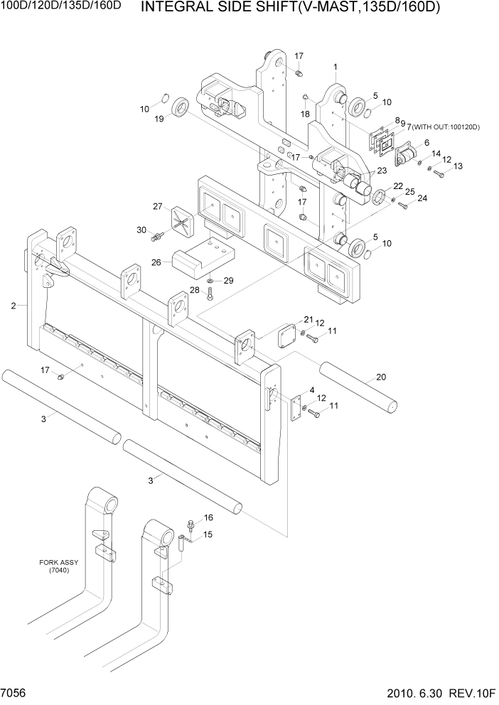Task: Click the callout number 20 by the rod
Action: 381,377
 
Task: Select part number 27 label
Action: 158,207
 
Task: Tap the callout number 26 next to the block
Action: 156,262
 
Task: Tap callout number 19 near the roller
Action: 160,119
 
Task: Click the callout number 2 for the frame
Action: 14,306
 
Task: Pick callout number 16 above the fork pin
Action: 208,517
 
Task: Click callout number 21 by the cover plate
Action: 308,319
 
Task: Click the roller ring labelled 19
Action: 180,108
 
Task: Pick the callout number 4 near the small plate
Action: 311,390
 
